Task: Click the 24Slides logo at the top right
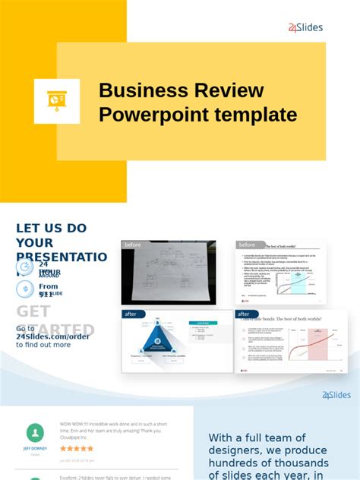coord(305,27)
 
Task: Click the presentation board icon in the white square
coord(57,101)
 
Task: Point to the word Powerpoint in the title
coord(148,115)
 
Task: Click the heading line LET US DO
coord(52,228)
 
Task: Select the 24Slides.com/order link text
coord(53,336)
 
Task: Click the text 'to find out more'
coord(43,345)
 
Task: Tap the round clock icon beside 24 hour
coord(25,267)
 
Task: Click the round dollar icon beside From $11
coord(25,289)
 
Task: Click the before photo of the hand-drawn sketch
coord(169,273)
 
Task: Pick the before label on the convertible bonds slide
coord(248,245)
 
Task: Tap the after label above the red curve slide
coord(245,314)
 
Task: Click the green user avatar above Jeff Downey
coord(36,432)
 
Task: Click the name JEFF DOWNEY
coord(36,449)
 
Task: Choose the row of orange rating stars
coord(77,449)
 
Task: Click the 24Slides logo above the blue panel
coord(336,395)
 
